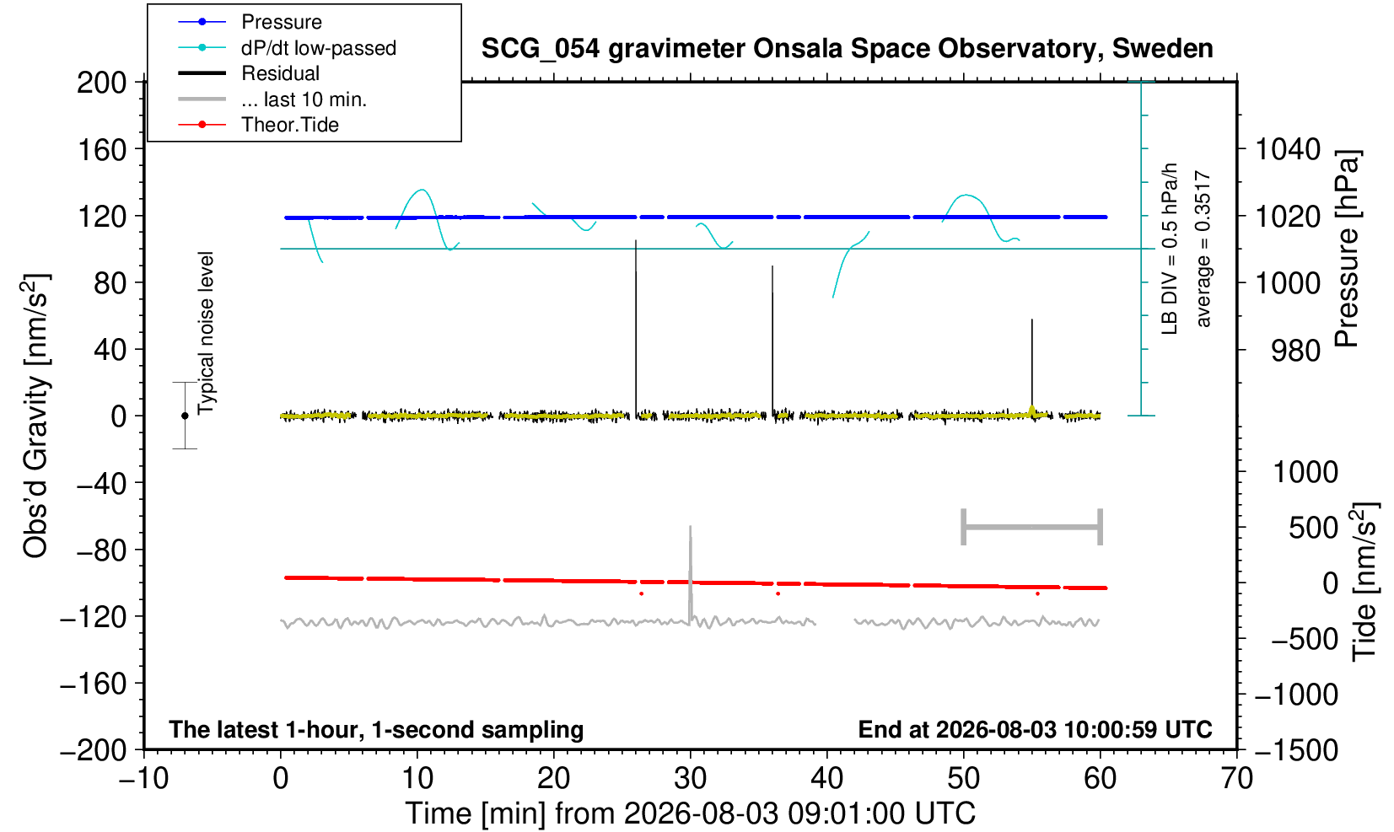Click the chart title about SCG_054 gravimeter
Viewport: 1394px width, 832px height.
click(x=847, y=49)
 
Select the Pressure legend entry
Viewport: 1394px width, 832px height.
click(x=250, y=22)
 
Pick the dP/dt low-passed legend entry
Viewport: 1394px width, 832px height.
click(x=287, y=48)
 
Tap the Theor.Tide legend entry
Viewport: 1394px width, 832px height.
click(x=258, y=125)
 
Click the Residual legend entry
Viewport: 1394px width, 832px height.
click(x=249, y=73)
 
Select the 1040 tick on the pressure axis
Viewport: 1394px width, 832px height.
click(x=1288, y=149)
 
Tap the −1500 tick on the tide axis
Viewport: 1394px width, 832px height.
click(x=1295, y=750)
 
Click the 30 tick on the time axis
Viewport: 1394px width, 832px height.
click(x=690, y=779)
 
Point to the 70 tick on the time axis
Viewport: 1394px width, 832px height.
click(x=1236, y=779)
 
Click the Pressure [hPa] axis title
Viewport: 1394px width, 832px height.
click(x=1348, y=249)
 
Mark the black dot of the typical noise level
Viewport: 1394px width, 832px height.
click(x=185, y=416)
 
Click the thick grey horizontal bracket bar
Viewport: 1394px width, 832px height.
click(x=1032, y=527)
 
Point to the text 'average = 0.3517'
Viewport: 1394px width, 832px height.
click(x=1203, y=249)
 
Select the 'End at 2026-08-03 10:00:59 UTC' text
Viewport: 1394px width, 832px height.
click(x=1035, y=729)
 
